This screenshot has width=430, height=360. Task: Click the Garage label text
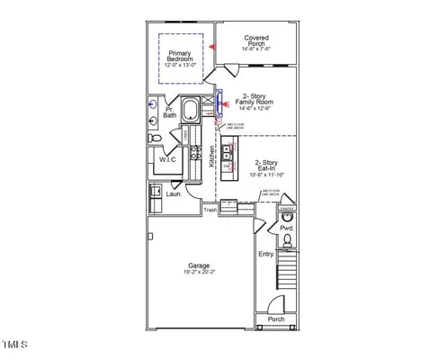[x=199, y=265]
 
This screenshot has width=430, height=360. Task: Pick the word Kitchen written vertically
[x=212, y=157]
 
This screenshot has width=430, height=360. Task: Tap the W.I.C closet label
[x=167, y=159]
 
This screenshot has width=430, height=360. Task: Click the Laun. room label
[x=174, y=193]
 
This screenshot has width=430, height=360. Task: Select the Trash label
[x=210, y=210]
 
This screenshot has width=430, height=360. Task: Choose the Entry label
[x=265, y=255]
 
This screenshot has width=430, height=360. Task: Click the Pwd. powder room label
[x=287, y=229]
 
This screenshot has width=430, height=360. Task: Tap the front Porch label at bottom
[x=275, y=319]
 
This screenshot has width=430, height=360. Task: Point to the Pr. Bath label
[x=170, y=112]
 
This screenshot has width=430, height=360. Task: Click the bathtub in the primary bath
[x=192, y=112]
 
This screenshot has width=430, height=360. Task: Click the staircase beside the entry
[x=287, y=270]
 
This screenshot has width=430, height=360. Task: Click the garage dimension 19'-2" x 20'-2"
[x=199, y=274]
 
